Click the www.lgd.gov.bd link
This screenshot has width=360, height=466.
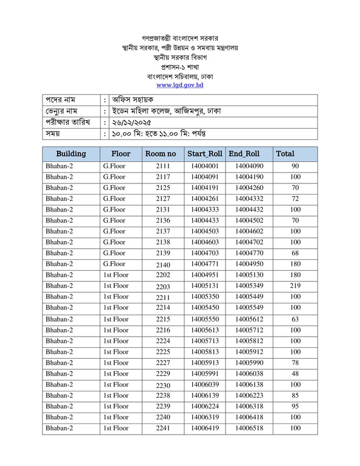(179, 85)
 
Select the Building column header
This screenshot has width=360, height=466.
(70, 154)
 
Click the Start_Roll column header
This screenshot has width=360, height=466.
(204, 154)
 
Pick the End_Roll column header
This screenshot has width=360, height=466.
(244, 154)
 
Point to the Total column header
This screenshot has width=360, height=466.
(285, 154)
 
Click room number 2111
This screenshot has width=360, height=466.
(163, 166)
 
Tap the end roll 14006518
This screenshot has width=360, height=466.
(249, 428)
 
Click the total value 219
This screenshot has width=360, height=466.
(295, 285)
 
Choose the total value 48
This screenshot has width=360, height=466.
(295, 373)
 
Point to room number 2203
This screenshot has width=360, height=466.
(163, 286)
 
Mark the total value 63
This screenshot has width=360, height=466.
(295, 319)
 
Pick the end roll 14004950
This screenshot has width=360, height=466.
(249, 264)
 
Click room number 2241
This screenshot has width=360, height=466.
(163, 428)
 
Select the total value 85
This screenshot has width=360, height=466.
(295, 395)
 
